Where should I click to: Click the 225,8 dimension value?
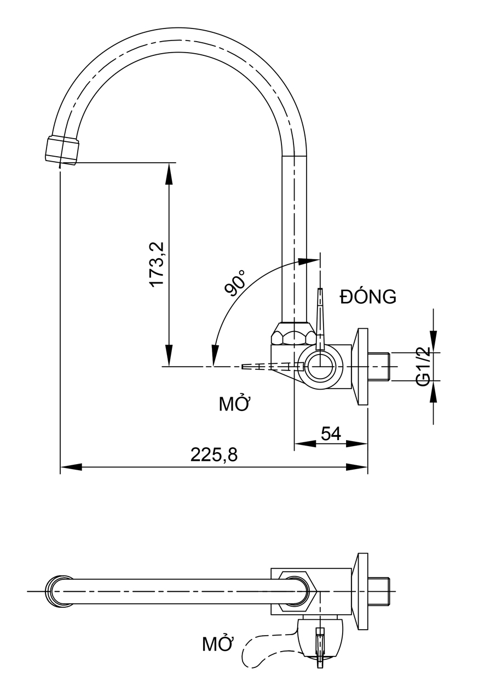click(214, 454)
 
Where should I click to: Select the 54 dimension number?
click(331, 433)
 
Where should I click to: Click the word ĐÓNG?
click(368, 296)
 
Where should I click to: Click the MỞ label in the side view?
click(234, 404)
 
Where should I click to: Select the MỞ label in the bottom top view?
click(218, 644)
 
